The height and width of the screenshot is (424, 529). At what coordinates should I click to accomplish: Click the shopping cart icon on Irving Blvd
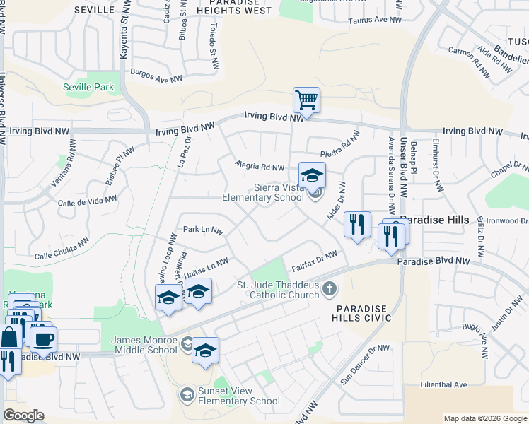click(306, 100)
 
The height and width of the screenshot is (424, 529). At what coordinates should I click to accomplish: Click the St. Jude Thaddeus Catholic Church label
click(277, 290)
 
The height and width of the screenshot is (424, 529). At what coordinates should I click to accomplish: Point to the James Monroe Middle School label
click(144, 345)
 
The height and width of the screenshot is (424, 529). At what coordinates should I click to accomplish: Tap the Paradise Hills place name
click(434, 220)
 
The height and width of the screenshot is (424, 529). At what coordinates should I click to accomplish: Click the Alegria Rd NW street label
click(260, 167)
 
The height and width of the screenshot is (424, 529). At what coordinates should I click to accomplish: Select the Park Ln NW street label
click(203, 230)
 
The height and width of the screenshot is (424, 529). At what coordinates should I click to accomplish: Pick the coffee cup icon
click(44, 338)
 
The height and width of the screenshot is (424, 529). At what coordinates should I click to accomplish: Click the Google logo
click(23, 416)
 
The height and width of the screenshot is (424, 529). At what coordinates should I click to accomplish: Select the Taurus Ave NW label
click(375, 20)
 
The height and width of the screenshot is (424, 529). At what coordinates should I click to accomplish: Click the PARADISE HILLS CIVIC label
click(362, 314)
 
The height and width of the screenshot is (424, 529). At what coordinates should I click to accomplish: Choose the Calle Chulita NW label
click(62, 252)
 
